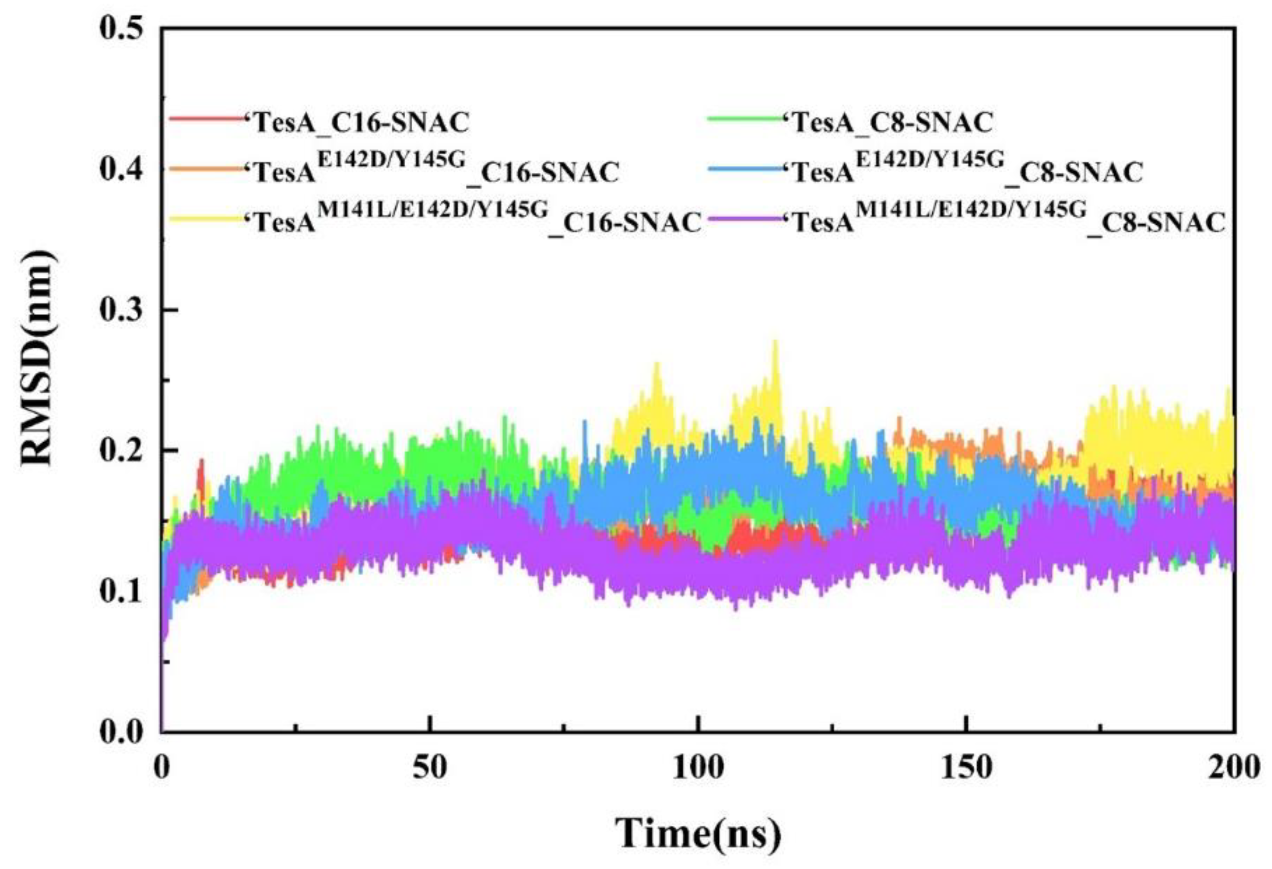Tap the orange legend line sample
click(x=205, y=168)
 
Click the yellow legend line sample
click(x=205, y=219)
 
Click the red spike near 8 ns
click(x=201, y=461)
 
